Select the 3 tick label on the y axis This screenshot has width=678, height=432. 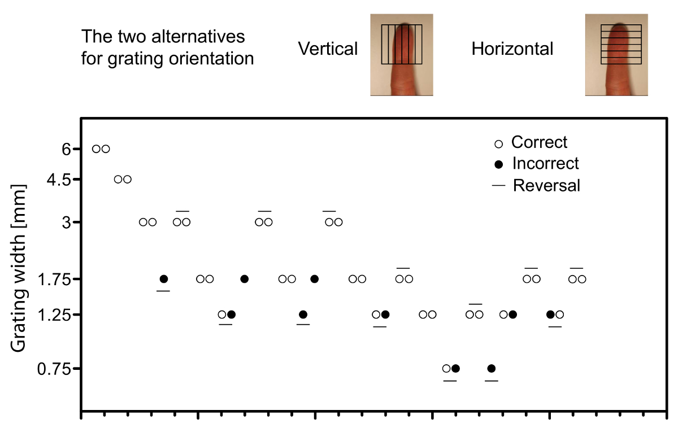pos(67,222)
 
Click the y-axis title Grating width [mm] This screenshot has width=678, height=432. pos(21,268)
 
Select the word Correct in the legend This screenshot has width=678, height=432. pos(539,142)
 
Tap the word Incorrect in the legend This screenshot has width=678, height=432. pos(545,164)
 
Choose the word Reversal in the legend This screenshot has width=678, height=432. pos(546,185)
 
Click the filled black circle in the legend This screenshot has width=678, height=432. pos(498,164)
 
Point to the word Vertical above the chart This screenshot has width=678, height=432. pos(328,49)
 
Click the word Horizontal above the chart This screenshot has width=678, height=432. pos(512,49)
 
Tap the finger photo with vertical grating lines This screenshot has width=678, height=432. pos(401,54)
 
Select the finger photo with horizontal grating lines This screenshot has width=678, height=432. pos(616,54)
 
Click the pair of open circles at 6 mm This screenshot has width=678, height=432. pos(101,149)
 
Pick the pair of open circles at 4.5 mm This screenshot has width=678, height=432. pos(123,180)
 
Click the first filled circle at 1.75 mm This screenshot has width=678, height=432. pos(164,279)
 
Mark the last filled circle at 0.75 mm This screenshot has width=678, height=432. pos(491,369)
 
